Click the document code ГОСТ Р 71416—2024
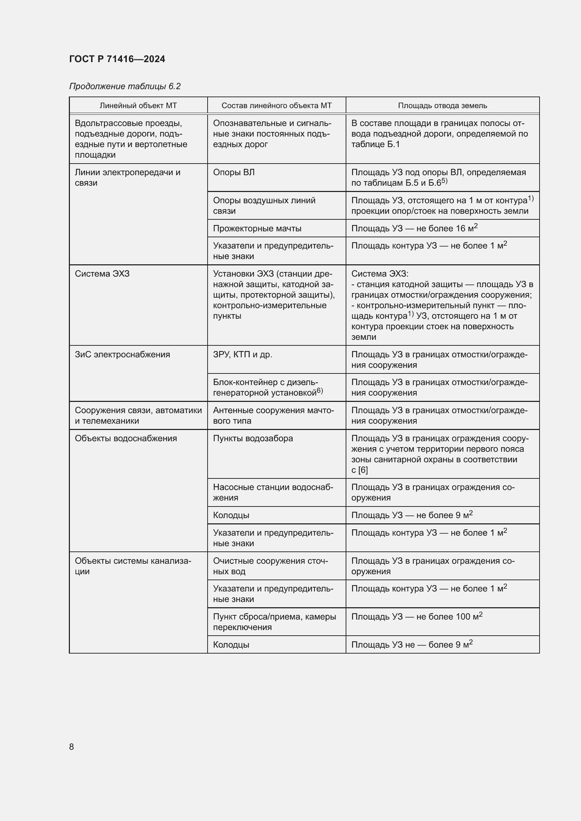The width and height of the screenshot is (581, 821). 117,59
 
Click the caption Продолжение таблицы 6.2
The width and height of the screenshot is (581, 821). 125,86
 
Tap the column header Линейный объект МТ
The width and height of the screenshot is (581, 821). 138,106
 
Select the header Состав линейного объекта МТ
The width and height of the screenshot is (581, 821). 276,106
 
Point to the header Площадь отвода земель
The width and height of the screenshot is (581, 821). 442,106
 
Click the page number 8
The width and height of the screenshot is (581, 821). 72,747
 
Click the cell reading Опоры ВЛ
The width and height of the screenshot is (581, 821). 234,172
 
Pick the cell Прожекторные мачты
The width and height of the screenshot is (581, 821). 257,228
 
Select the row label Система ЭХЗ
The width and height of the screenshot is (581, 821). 102,273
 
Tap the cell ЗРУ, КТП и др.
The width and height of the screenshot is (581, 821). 243,355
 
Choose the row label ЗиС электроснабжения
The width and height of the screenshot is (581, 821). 122,355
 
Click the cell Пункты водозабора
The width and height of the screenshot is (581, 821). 253,438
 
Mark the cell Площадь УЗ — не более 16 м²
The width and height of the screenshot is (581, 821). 414,228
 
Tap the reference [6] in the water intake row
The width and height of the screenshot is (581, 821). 363,470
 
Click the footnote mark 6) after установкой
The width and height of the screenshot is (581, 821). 320,391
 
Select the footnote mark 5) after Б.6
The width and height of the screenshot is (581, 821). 444,181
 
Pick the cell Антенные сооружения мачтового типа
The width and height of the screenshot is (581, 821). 273,416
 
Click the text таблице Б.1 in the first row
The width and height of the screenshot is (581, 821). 376,145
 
